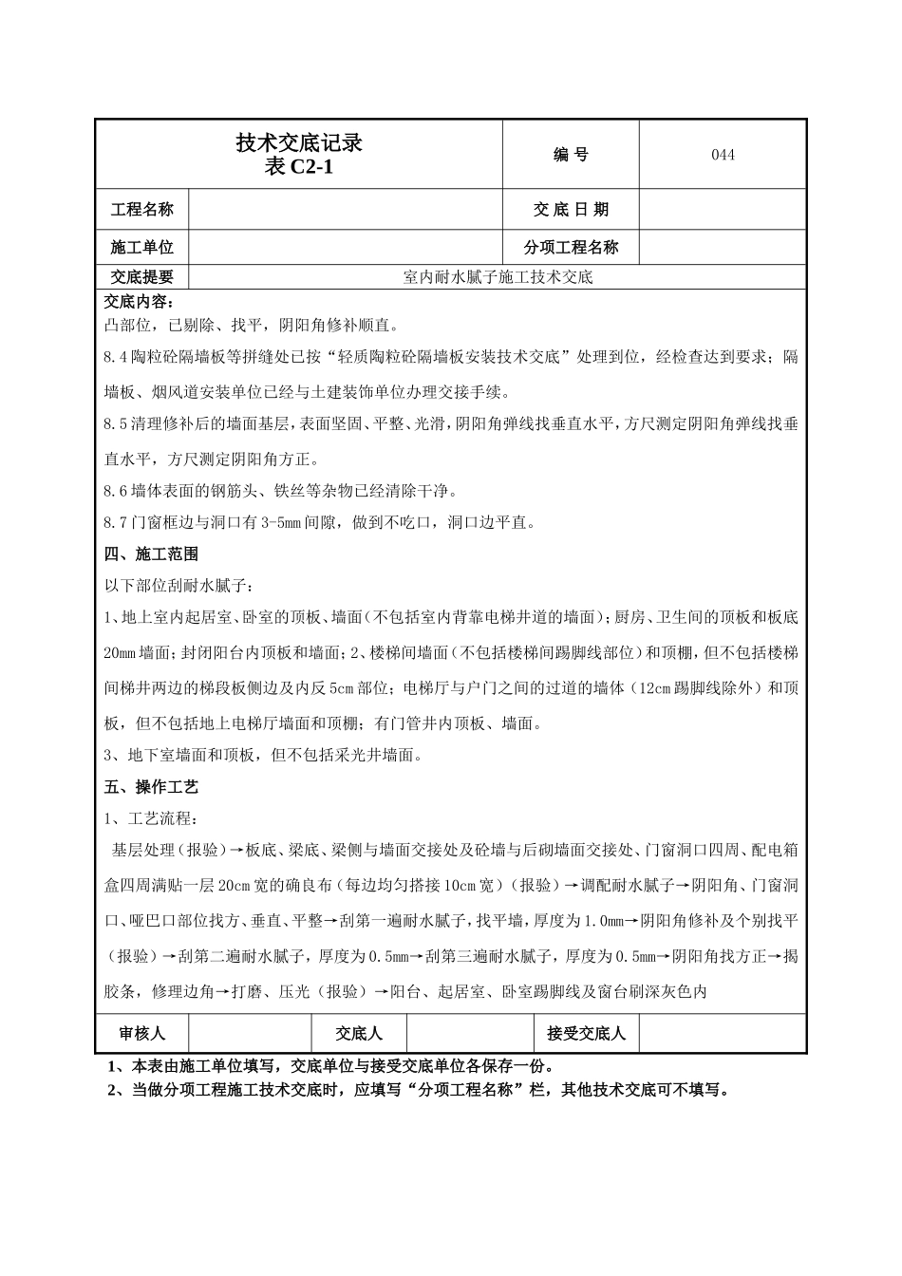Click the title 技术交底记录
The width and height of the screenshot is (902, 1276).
[299, 143]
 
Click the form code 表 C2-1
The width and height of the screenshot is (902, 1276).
[299, 167]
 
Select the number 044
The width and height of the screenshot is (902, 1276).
[723, 155]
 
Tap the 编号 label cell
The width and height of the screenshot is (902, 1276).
[571, 155]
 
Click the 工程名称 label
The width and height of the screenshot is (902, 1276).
[142, 210]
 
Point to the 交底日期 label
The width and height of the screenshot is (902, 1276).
[571, 210]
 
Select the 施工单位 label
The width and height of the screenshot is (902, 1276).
[142, 248]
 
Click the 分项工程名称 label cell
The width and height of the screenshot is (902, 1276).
[571, 248]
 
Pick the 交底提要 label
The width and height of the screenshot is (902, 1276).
[142, 277]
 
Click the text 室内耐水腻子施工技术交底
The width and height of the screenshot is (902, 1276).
[498, 277]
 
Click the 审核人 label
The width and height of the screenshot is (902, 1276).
[142, 1033]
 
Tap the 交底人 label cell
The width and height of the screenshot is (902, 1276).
[360, 1033]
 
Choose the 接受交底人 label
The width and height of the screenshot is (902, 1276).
[586, 1033]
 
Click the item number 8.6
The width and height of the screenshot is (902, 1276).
[116, 491]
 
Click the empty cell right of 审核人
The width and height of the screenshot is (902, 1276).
[251, 1033]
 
